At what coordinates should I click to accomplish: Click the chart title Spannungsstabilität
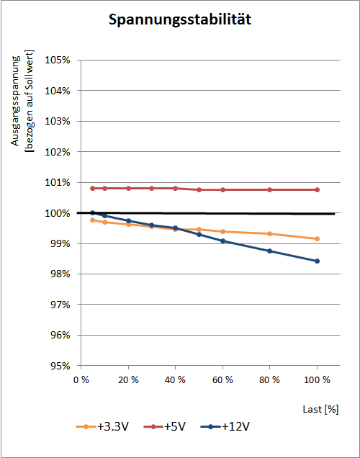[180, 20]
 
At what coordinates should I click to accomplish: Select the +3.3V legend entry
[102, 427]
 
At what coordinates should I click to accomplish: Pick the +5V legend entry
[164, 427]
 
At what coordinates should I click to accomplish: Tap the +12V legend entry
[225, 427]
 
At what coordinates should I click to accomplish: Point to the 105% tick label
[58, 60]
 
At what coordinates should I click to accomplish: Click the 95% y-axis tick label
[60, 366]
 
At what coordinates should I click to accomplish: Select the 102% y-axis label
[58, 152]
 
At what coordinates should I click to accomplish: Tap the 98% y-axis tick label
[60, 274]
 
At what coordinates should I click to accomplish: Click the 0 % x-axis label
[81, 380]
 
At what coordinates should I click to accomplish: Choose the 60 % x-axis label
[222, 380]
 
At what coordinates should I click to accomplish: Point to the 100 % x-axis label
[317, 380]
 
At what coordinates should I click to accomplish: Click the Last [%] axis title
[320, 409]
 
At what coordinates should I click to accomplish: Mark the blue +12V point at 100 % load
[317, 261]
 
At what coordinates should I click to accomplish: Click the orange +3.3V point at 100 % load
[317, 239]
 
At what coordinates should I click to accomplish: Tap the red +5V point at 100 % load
[317, 190]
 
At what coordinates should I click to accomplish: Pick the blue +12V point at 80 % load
[270, 251]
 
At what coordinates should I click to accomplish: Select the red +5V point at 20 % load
[128, 189]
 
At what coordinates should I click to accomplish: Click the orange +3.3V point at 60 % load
[222, 232]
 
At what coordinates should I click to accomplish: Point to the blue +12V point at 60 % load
[222, 241]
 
